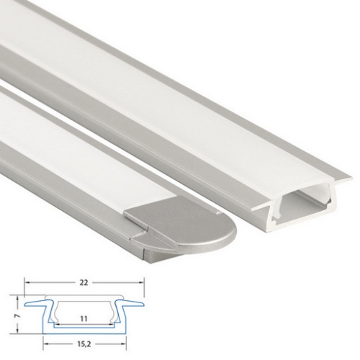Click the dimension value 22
click(x=84, y=283)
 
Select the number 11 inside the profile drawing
click(x=84, y=319)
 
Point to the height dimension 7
click(x=17, y=316)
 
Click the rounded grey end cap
click(x=182, y=233)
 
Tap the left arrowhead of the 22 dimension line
click(x=27, y=283)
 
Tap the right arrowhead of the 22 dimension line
click(x=141, y=283)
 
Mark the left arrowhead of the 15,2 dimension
click(x=45, y=344)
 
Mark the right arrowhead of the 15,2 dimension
click(x=124, y=344)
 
